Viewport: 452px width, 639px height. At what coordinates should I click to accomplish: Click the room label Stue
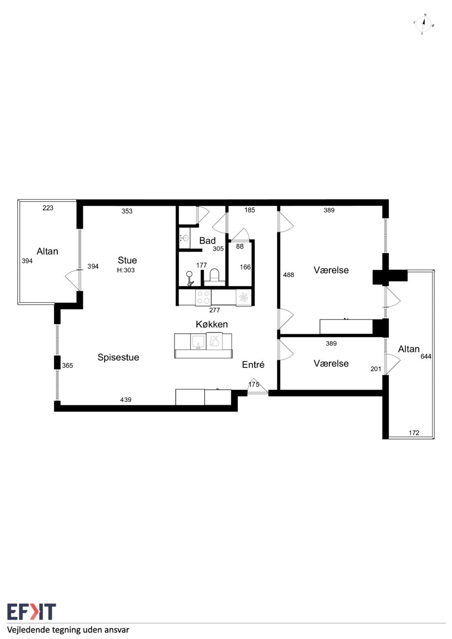(x=127, y=260)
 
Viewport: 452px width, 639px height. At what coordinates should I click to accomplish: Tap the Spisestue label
(x=118, y=357)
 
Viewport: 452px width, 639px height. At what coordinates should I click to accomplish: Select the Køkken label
(x=212, y=324)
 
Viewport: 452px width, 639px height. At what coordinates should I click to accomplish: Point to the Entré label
(x=253, y=364)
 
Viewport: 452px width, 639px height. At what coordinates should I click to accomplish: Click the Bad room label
(x=207, y=241)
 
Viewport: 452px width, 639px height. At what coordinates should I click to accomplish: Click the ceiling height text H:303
(x=126, y=270)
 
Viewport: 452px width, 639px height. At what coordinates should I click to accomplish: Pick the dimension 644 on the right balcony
(x=426, y=356)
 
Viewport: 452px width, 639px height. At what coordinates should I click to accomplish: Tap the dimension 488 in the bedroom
(x=288, y=275)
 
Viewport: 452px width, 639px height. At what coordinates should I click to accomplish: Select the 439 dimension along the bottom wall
(x=126, y=400)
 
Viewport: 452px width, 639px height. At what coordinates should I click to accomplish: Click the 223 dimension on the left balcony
(x=48, y=208)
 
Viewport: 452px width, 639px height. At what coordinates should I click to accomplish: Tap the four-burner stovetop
(x=203, y=297)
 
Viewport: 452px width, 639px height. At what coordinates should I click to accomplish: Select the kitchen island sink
(x=198, y=342)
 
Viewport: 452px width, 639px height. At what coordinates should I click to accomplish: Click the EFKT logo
(x=32, y=612)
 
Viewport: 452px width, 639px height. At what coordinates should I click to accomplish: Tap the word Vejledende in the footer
(x=26, y=630)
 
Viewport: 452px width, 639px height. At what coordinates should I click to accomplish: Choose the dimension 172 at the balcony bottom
(x=414, y=433)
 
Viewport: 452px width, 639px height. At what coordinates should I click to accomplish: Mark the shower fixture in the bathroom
(x=190, y=278)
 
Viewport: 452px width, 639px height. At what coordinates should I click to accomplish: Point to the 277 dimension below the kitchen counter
(x=215, y=310)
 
